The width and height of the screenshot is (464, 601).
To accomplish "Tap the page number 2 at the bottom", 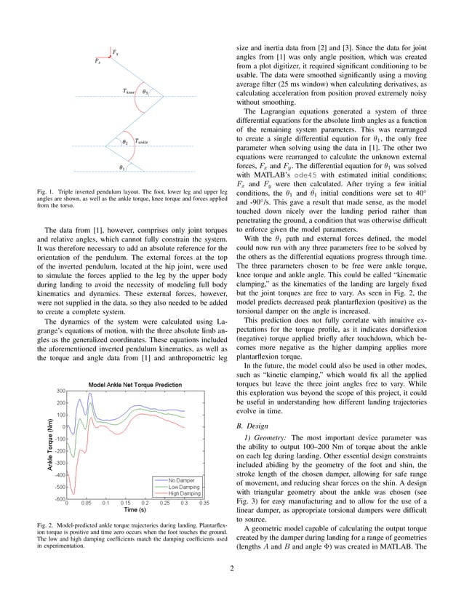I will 231,587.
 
